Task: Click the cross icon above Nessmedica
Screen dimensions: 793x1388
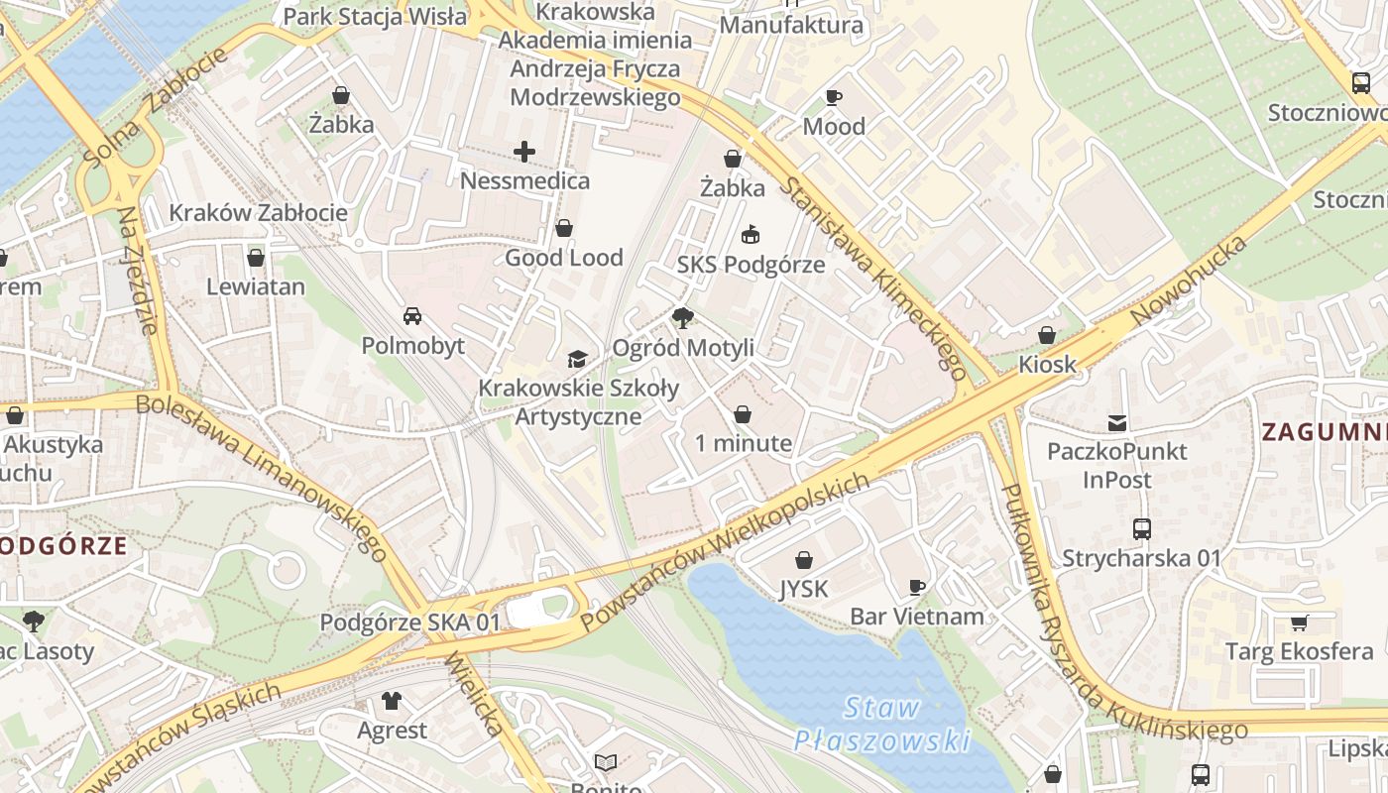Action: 524,152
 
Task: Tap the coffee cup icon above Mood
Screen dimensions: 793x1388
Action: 834,97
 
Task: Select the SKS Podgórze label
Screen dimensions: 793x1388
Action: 751,265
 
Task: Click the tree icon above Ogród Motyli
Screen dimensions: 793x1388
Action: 682,318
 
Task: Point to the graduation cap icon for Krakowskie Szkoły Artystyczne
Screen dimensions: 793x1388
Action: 577,359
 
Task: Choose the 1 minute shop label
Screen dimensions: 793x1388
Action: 743,443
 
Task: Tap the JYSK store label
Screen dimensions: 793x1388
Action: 803,589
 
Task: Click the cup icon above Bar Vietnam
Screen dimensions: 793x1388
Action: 917,587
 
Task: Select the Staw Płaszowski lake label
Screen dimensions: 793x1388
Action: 881,724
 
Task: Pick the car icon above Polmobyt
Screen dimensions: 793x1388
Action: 412,316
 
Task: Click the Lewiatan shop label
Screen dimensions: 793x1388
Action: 256,286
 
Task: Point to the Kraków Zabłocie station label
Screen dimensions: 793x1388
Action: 258,212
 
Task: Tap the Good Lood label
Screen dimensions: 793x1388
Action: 564,258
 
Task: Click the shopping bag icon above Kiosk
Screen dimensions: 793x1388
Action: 1047,335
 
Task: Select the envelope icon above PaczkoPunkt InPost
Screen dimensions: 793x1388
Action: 1117,423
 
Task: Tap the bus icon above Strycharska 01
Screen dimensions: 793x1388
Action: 1141,529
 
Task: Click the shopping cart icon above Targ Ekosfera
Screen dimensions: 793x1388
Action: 1299,623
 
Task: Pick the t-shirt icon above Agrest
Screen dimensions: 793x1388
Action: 392,701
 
